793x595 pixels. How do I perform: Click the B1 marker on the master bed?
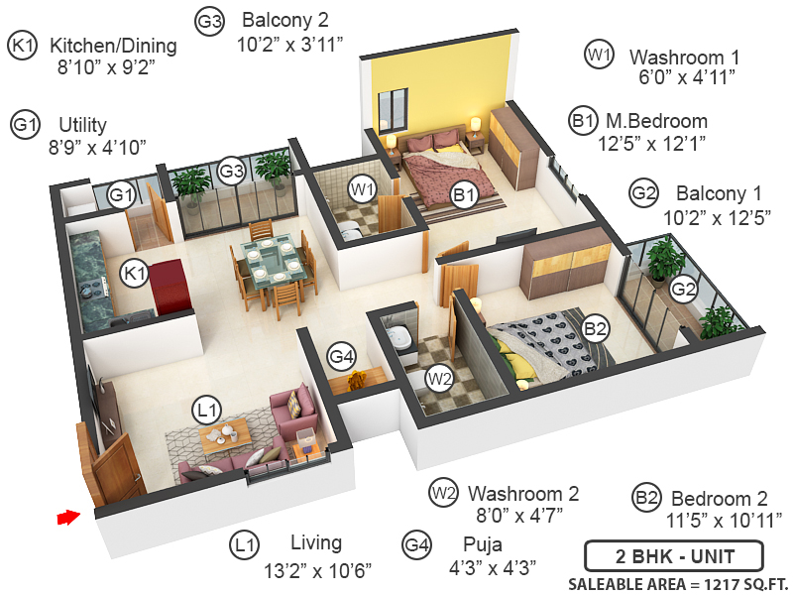(462, 195)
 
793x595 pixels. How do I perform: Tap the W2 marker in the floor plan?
(439, 378)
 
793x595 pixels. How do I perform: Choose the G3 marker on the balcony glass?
(231, 171)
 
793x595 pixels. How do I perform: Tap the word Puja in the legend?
(482, 543)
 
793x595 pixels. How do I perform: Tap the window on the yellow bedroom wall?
(393, 107)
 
